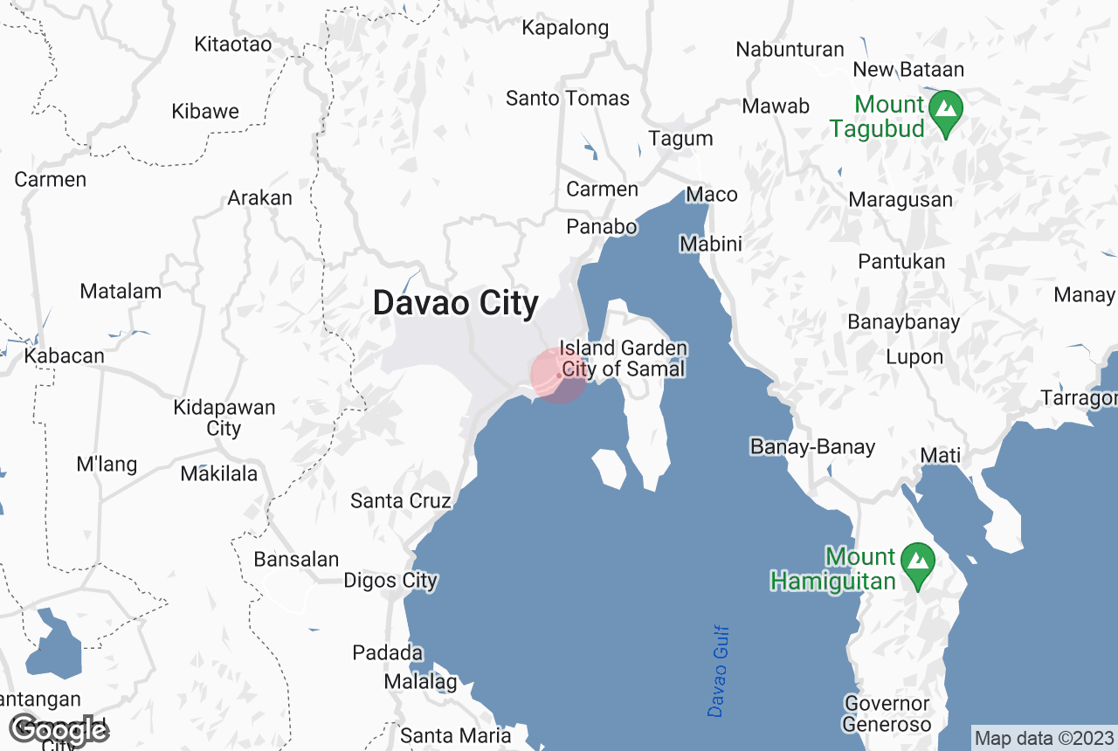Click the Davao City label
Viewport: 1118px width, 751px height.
coord(455,303)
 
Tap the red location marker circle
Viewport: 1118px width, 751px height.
coord(559,375)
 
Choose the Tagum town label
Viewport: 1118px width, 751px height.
coord(680,138)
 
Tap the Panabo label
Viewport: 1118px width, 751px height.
coord(602,227)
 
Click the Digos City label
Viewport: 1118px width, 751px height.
coord(390,581)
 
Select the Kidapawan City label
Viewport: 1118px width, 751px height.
coord(224,418)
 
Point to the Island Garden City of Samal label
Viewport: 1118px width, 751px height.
coord(624,359)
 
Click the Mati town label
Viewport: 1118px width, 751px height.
coord(941,455)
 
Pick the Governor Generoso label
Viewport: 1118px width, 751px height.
coord(887,713)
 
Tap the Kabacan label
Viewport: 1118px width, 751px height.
coord(64,356)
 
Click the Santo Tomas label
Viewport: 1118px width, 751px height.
coord(568,98)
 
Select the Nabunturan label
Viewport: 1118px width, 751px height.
coord(790,49)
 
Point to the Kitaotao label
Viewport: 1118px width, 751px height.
coord(233,44)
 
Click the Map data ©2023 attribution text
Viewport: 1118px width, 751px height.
coord(1044,738)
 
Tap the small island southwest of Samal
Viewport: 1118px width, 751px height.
coord(611,469)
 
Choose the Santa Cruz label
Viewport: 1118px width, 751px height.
coord(401,500)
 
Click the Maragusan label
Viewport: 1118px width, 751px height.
coord(901,199)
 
